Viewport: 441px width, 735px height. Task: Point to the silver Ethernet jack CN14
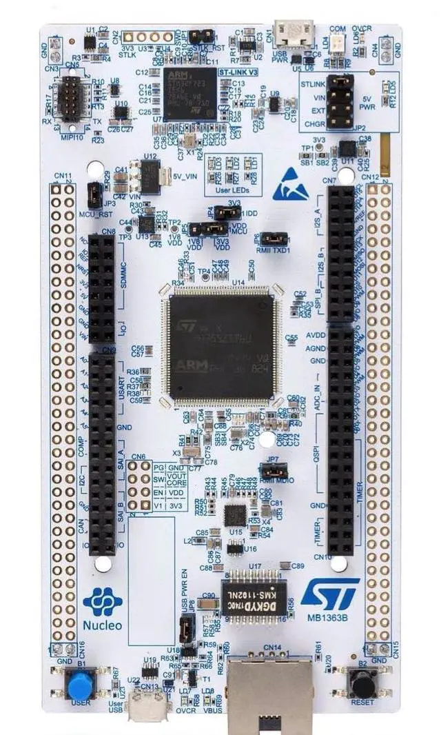[272, 693]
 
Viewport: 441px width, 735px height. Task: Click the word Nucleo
[103, 625]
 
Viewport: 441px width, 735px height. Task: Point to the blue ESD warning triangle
[290, 184]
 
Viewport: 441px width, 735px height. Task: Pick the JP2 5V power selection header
[340, 101]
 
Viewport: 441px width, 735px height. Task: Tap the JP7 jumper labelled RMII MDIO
[274, 470]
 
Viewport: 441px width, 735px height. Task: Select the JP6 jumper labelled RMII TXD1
[275, 239]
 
